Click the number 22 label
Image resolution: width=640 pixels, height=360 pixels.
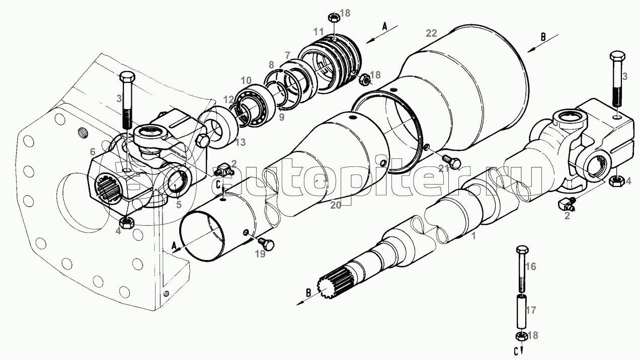click(431, 33)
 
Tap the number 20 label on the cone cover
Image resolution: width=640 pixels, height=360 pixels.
click(336, 205)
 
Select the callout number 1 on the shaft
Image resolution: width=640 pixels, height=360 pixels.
click(473, 236)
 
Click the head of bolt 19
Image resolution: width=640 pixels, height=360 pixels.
click(269, 245)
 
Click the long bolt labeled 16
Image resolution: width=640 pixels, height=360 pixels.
click(522, 268)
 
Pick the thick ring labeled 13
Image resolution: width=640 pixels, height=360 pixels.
click(219, 127)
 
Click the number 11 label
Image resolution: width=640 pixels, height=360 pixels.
click(318, 31)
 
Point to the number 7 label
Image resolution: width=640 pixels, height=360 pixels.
click(287, 55)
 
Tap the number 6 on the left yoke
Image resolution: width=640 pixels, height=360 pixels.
click(92, 152)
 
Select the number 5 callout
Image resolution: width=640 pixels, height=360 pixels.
click(179, 205)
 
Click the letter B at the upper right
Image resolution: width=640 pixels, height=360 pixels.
click(543, 37)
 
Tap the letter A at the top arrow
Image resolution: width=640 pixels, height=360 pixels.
click(384, 27)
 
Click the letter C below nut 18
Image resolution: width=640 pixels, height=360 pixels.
click(516, 352)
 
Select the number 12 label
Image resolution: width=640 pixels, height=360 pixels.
click(229, 100)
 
